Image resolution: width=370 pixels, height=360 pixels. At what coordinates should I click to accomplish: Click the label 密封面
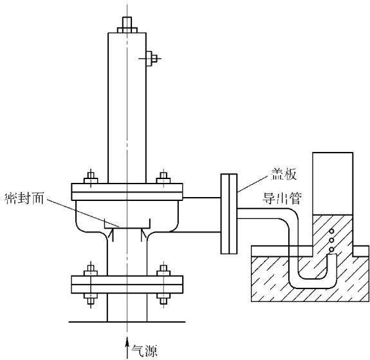pyautogui.click(x=24, y=198)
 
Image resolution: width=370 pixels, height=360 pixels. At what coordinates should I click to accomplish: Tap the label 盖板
pyautogui.click(x=284, y=175)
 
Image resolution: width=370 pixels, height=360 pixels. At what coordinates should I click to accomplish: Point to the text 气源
pyautogui.click(x=144, y=351)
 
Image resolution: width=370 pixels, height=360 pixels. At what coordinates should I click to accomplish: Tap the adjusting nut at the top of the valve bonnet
pyautogui.click(x=127, y=24)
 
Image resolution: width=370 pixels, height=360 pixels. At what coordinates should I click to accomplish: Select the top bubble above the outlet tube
pyautogui.click(x=332, y=231)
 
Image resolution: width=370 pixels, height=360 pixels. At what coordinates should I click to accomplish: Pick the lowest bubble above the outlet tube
pyautogui.click(x=331, y=249)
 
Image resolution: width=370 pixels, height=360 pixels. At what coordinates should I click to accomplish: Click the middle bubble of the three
pyautogui.click(x=331, y=240)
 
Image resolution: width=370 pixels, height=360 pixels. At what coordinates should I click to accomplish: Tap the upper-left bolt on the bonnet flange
pyautogui.click(x=91, y=178)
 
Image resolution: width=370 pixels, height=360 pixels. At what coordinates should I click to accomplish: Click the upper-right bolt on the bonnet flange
pyautogui.click(x=163, y=178)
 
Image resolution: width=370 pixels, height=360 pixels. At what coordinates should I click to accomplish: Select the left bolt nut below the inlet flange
pyautogui.click(x=91, y=298)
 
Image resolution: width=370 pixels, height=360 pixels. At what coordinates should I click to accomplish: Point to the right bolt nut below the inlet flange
pyautogui.click(x=163, y=298)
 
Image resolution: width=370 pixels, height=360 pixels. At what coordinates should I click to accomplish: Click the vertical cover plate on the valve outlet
pyautogui.click(x=229, y=214)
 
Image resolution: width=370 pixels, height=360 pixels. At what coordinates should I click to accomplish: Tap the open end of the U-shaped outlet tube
pyautogui.click(x=332, y=254)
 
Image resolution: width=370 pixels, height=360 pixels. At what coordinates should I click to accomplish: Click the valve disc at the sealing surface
pyautogui.click(x=127, y=224)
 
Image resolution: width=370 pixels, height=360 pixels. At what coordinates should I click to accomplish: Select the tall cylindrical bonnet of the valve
pyautogui.click(x=127, y=108)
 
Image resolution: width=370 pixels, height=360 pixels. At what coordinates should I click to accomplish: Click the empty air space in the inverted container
pyautogui.click(x=333, y=184)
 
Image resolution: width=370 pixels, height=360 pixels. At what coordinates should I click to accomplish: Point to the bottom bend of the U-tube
pyautogui.click(x=312, y=283)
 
